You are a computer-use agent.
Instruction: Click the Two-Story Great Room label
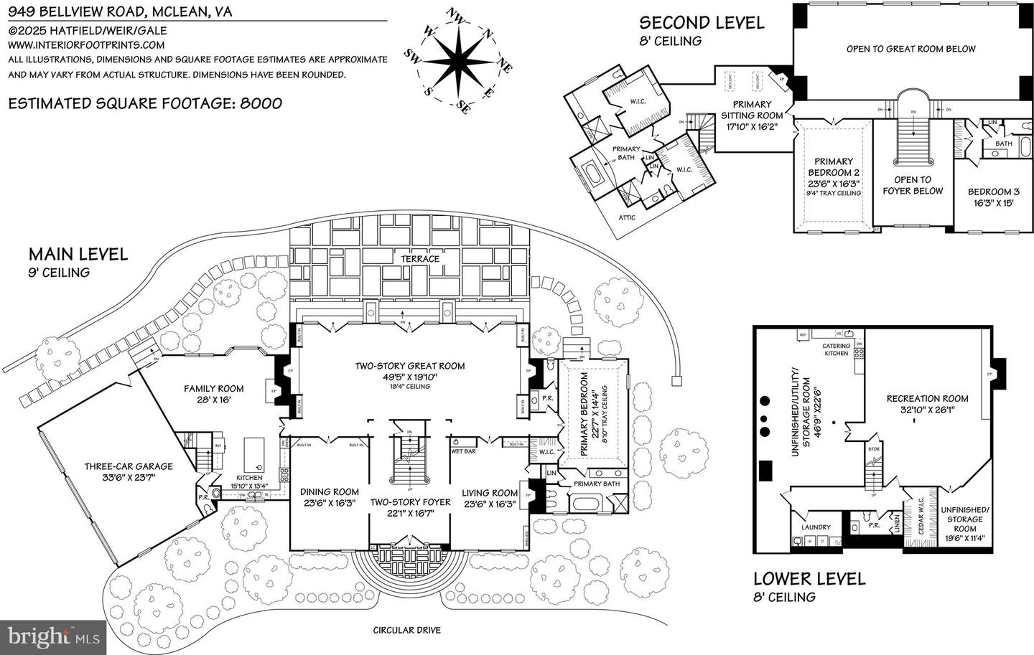point(410,366)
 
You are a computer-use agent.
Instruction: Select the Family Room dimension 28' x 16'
point(213,400)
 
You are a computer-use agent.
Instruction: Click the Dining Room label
point(330,492)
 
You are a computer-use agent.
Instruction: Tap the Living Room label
point(489,492)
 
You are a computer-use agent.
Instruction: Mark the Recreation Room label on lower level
point(927,398)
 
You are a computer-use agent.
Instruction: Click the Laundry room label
point(816,527)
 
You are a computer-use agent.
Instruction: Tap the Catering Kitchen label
point(836,349)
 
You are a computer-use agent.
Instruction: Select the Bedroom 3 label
point(993,192)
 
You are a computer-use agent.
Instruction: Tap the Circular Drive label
point(406,631)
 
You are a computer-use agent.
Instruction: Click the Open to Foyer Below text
point(912,185)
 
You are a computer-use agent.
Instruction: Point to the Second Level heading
point(702,23)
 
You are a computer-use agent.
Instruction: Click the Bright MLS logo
point(53,635)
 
